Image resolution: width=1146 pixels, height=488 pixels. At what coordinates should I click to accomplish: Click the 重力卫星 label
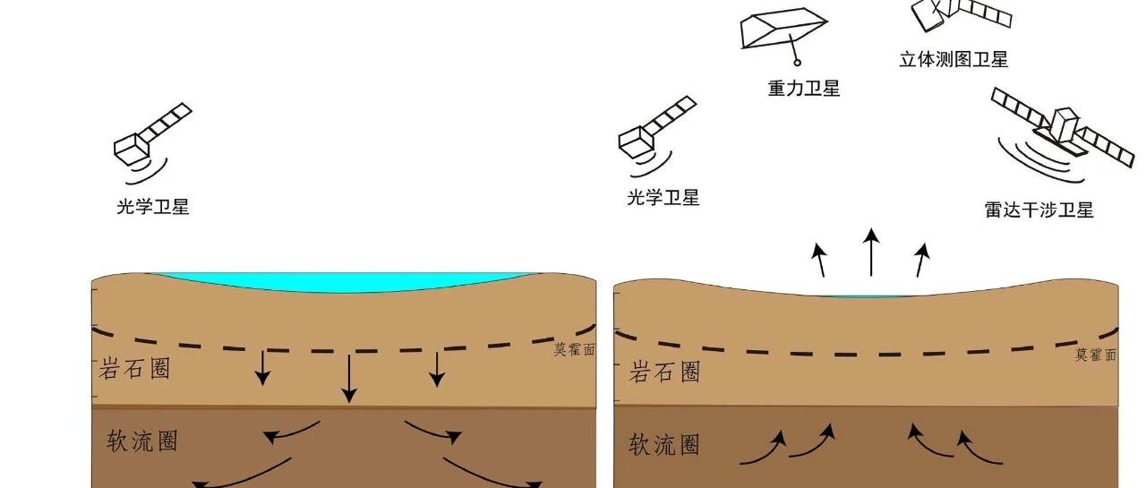[804, 89]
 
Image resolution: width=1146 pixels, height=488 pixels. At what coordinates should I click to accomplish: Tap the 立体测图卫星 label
[954, 59]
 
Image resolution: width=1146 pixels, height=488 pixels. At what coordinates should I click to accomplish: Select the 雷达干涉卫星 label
[1039, 210]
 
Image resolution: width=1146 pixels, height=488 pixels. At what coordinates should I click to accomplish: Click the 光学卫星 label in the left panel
[153, 207]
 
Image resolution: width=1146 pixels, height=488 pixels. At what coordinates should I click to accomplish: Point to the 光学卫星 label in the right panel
[663, 198]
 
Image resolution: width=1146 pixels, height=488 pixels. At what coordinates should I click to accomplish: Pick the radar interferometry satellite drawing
[1065, 135]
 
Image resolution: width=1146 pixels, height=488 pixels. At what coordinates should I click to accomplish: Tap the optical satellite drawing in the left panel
[151, 142]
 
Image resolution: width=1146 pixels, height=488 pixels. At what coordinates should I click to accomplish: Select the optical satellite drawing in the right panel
[656, 135]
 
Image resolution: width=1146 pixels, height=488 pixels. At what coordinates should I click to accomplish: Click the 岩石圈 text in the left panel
[134, 368]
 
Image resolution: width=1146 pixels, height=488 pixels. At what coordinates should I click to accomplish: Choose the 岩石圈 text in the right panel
[664, 372]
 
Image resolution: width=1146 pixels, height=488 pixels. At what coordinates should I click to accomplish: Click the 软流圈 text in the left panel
[142, 441]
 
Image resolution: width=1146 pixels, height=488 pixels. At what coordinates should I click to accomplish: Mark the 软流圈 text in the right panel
[664, 444]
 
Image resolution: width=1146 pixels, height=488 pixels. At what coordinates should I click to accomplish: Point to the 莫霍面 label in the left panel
[574, 349]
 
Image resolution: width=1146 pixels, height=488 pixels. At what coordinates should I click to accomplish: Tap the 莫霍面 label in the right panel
[1096, 355]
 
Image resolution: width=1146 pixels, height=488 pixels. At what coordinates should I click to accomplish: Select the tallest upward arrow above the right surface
[871, 253]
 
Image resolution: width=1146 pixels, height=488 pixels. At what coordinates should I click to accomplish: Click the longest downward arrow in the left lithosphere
[349, 379]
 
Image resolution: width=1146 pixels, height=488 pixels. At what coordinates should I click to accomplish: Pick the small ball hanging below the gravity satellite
[797, 63]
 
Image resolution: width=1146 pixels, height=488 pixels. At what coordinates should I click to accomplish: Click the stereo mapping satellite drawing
[962, 14]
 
